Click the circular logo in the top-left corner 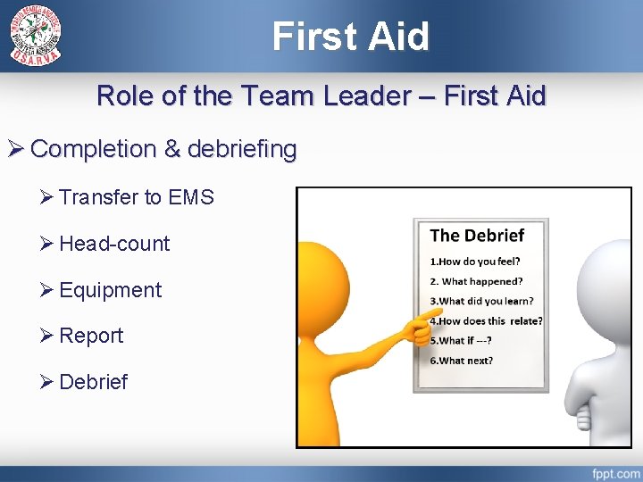coord(36,35)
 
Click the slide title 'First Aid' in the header coord(351,36)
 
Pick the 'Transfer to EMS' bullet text coord(137,197)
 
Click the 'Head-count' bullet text coord(114,244)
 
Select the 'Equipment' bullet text coord(111,290)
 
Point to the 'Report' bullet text coord(91,336)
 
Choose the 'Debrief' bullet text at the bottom coord(93,382)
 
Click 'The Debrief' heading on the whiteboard coord(477,236)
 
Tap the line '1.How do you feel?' coord(475,262)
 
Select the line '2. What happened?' coord(476,281)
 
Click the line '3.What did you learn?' coord(481,301)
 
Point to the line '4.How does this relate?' coord(486,320)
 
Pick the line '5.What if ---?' coord(461,340)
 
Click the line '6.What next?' coord(461,361)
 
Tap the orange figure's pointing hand coord(415,329)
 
